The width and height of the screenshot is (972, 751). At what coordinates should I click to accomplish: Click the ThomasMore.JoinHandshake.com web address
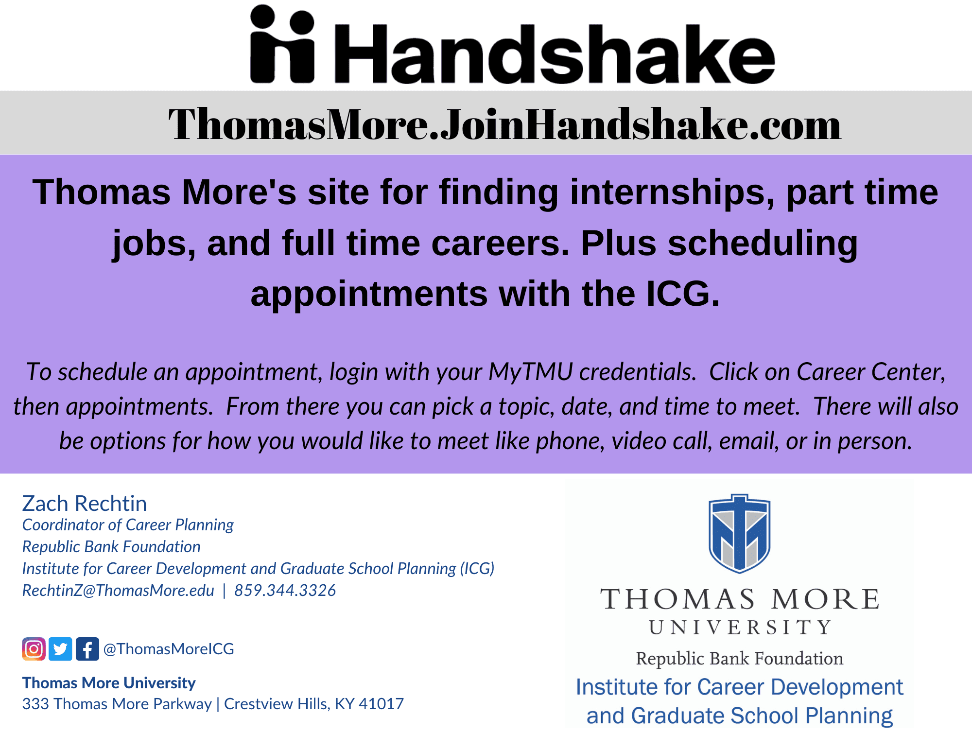(504, 124)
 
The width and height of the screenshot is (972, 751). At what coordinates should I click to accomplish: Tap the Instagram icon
(34, 649)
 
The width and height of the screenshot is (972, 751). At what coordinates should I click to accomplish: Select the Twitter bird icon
(60, 649)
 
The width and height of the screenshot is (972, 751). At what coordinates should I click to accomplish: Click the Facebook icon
(87, 649)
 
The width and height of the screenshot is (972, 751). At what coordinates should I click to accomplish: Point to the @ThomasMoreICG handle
(169, 649)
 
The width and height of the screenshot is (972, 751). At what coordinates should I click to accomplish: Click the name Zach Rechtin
(85, 504)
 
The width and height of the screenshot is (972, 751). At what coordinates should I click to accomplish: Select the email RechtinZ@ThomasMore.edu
(118, 591)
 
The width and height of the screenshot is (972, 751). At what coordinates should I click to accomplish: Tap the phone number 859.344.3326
(285, 591)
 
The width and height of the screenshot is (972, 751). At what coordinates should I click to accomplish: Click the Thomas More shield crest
(739, 534)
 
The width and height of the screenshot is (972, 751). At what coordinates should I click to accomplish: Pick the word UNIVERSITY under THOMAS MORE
(740, 628)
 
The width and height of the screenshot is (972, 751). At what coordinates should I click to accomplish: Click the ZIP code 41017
(381, 704)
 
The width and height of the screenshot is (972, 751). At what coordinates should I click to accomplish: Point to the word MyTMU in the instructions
(531, 372)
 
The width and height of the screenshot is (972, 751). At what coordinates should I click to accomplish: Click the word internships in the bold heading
(672, 192)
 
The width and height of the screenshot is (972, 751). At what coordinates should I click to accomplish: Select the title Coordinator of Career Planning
(128, 525)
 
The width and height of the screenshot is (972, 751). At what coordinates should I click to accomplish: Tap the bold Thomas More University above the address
(109, 683)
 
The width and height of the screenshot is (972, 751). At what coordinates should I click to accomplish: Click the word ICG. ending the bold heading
(683, 294)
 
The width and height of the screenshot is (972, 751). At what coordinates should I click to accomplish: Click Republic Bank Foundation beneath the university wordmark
(740, 659)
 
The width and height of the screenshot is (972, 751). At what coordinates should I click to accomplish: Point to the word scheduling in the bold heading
(763, 243)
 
